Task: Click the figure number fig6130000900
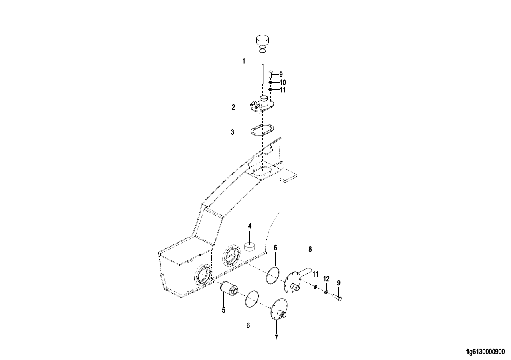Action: click(x=485, y=352)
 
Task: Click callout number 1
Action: click(x=243, y=61)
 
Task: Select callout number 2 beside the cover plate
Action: click(x=233, y=107)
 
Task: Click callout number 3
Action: click(x=233, y=132)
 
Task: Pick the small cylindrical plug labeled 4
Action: click(x=250, y=247)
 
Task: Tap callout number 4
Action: click(x=250, y=226)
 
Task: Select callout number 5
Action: click(x=223, y=310)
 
